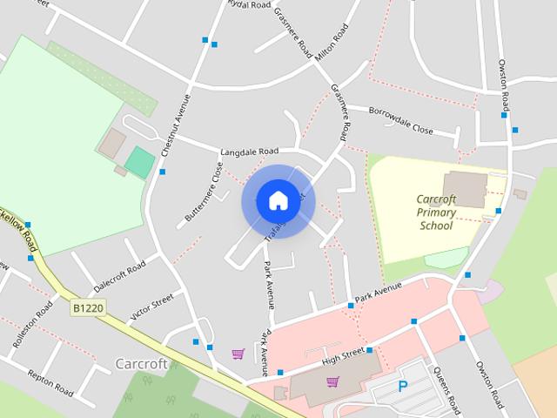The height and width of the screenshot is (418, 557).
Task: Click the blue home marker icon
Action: click(x=278, y=201)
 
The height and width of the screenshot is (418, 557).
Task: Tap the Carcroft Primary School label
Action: click(x=436, y=212)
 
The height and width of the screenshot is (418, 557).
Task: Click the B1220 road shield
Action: click(x=88, y=308)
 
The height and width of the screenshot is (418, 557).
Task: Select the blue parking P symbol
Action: click(x=402, y=386)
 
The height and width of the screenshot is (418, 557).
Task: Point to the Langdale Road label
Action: click(x=249, y=151)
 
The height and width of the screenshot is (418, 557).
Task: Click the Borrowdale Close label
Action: click(x=400, y=120)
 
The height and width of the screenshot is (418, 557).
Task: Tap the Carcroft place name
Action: click(x=141, y=363)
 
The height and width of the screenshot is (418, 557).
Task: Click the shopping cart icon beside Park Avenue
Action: click(x=238, y=354)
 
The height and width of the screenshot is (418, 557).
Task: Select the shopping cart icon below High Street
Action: click(x=332, y=381)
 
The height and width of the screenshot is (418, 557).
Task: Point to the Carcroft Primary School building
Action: click(x=464, y=189)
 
